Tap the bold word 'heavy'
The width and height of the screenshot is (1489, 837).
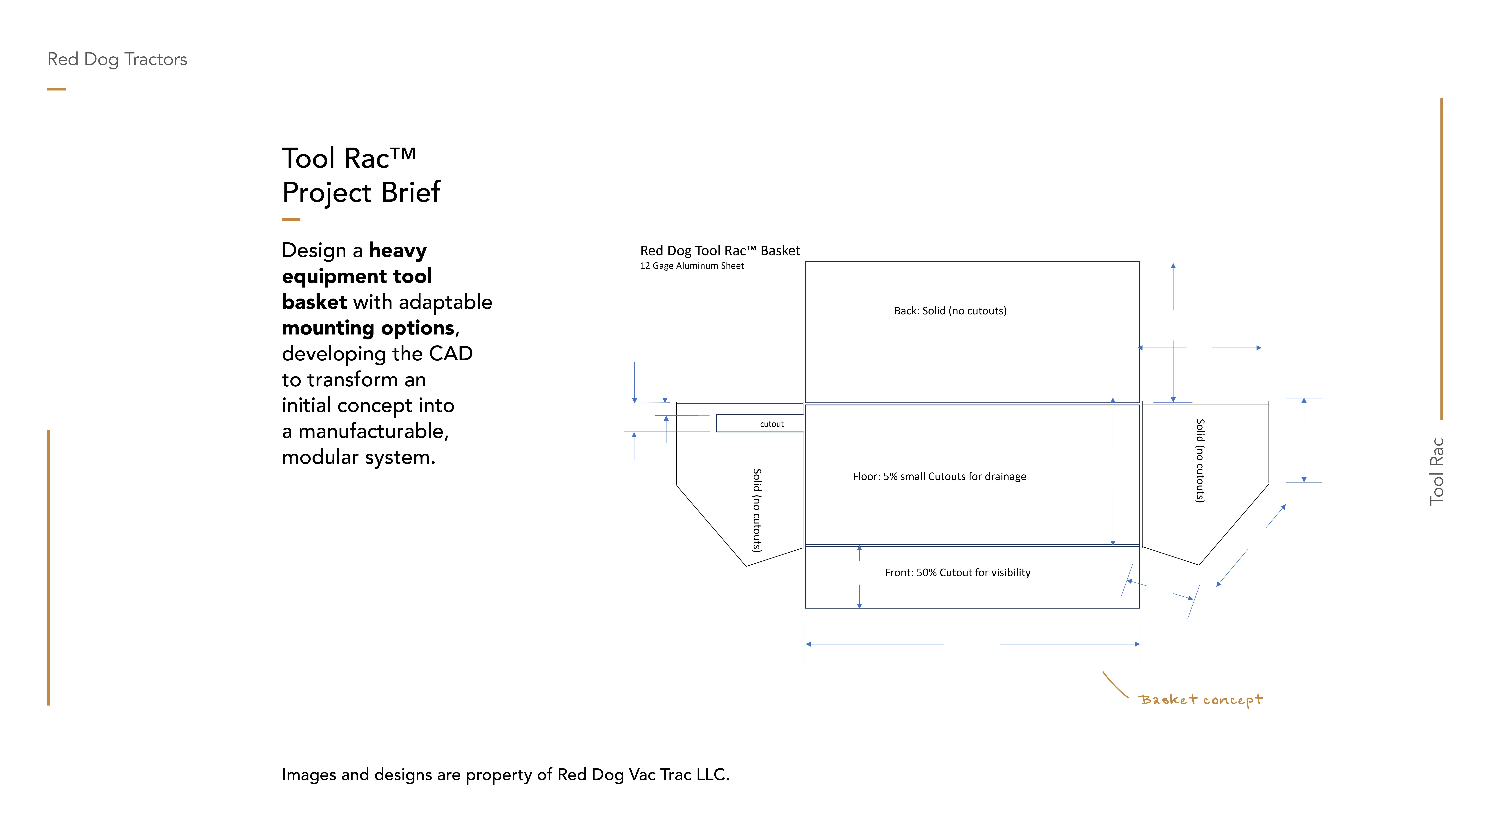point(398,251)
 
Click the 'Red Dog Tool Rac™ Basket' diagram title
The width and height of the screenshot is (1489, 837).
point(720,251)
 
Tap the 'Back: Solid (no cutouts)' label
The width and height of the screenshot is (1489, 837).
point(950,311)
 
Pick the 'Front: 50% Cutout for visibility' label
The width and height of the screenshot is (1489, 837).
point(957,572)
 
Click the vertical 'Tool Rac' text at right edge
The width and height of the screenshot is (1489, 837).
point(1436,471)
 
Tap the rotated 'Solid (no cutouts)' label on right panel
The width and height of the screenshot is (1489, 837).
point(1200,460)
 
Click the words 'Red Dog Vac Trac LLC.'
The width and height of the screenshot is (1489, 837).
point(643,775)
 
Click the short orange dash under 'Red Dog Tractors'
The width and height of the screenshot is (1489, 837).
point(56,89)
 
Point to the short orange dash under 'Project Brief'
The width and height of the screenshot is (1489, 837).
point(291,219)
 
